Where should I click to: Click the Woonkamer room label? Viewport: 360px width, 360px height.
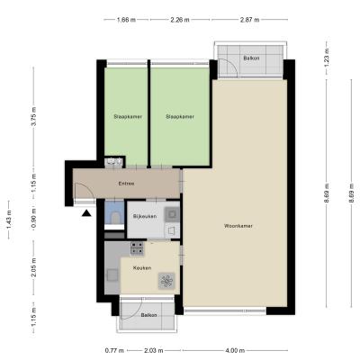coord(238,226)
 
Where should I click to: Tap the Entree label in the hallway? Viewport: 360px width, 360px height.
coord(126,184)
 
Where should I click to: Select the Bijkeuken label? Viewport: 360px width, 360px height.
coord(145,216)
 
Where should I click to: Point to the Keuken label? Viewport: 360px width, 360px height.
coord(142,268)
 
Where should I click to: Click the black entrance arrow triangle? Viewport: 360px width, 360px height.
coord(86,213)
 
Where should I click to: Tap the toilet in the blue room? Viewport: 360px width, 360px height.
coord(115,217)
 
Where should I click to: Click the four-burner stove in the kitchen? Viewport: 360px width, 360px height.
coord(137,248)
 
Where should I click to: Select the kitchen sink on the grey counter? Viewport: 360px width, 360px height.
coord(112,274)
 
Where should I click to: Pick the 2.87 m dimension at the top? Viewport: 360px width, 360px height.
coord(249,20)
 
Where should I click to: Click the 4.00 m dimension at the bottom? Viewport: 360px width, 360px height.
coord(235,350)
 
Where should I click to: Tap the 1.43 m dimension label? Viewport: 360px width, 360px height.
coord(9,220)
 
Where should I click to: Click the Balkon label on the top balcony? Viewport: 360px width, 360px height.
coord(251,58)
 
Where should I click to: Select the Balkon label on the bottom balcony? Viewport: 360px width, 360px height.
coord(148,315)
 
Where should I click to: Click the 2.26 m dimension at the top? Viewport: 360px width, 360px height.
coord(180,20)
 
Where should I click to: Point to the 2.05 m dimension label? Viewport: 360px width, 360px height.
coord(33,268)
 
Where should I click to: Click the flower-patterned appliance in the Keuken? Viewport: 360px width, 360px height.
coord(166,281)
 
